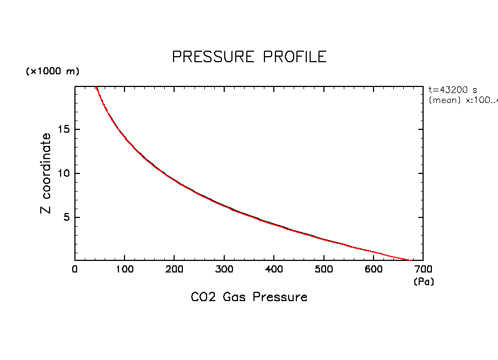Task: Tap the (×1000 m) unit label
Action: point(52,72)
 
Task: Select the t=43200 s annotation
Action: point(453,90)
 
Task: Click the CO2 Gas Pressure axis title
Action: point(249,297)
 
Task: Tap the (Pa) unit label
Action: point(424,282)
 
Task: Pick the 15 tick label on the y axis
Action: point(64,129)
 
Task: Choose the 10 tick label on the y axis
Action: point(64,173)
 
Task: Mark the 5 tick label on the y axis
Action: point(67,217)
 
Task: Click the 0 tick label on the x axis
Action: point(75,270)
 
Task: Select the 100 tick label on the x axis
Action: point(124,270)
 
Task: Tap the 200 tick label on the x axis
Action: point(174,270)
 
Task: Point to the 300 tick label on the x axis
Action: point(224,270)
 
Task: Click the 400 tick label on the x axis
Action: point(274,270)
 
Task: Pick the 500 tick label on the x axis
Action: point(323,270)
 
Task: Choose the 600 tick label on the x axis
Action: point(373,270)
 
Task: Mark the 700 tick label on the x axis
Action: point(423,270)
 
